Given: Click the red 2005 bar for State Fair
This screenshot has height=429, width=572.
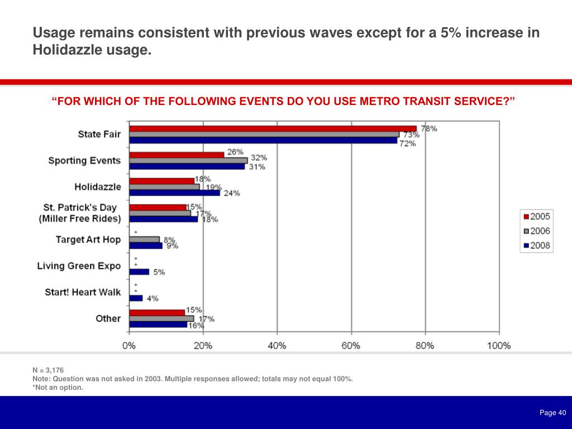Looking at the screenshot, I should coord(273,128).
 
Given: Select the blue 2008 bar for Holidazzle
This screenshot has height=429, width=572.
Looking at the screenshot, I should coord(174,193).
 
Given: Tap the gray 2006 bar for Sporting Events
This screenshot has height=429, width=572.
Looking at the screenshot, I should coord(188,160).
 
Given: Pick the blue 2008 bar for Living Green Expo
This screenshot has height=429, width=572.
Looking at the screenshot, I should coord(139,272).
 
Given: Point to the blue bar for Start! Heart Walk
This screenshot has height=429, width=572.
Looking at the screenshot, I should coord(136,298).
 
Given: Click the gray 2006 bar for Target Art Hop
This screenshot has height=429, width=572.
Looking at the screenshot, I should coord(144,240).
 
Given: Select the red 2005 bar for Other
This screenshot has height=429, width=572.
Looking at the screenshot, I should coord(157,312).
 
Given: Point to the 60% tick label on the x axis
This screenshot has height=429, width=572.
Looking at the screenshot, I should coord(351,346).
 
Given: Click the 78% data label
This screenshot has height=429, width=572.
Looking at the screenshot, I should coord(429,128).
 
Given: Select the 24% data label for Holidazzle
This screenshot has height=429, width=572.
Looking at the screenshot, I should coord(232,193).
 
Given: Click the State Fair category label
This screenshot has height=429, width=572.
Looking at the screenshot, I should coord(99,134).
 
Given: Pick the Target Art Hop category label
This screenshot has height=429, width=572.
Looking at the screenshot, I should coord(88,240).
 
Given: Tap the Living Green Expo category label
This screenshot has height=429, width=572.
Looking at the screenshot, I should coord(79,266).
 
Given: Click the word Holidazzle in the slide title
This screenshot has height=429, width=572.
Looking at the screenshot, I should coord(67,50).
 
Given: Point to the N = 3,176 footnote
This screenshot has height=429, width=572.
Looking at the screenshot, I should coord(48,370).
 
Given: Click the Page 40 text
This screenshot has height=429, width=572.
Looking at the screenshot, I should coord(552,413).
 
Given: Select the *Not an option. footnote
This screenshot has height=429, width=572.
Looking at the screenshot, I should coord(58,388).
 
